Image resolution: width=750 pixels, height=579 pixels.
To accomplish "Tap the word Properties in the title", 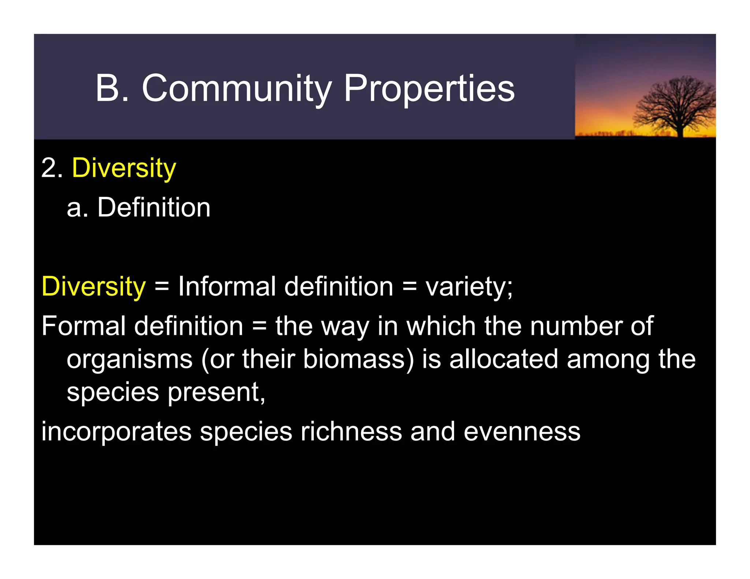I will point(429,89).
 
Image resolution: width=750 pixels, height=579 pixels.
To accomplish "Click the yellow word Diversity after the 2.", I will point(124,168).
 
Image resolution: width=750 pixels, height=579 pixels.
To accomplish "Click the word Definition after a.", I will point(154,208).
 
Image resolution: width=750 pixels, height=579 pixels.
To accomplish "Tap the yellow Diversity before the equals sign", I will point(94,286).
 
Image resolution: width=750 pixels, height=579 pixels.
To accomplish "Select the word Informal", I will point(227,286).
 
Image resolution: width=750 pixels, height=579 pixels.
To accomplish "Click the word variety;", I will point(469,287).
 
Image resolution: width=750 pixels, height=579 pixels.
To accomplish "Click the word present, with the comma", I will point(216,392).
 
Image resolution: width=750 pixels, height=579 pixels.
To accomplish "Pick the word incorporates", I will point(116,432).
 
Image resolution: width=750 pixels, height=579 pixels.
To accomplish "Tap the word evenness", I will point(522,432).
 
